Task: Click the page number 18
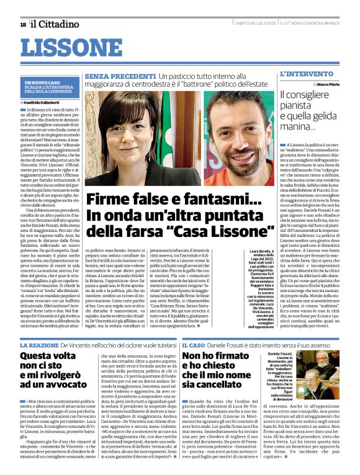point(22,24)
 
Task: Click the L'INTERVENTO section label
point(302,74)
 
